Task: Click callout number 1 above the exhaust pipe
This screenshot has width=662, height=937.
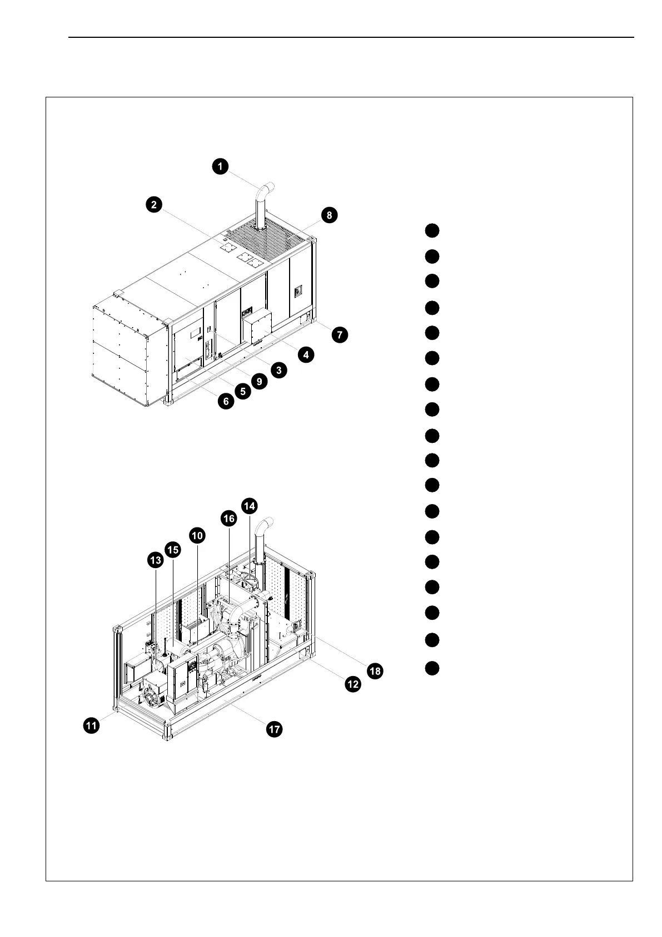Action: tap(221, 166)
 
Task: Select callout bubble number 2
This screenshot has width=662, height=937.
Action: tap(154, 205)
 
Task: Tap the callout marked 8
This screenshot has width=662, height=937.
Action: tap(329, 215)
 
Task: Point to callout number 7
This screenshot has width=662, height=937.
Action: tap(339, 335)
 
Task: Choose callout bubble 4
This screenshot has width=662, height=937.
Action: tap(305, 354)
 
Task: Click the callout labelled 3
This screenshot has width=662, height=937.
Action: tap(278, 369)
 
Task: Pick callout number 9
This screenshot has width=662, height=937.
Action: tap(258, 381)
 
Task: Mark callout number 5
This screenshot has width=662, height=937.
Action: tap(242, 391)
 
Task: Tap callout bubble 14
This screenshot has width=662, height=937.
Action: tap(250, 505)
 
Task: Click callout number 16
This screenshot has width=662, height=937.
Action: tap(228, 519)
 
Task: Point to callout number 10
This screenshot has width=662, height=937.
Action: tap(197, 535)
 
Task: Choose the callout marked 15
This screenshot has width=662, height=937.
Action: tap(173, 550)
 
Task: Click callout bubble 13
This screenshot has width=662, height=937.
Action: tap(155, 560)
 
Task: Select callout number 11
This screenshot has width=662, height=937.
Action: tap(92, 725)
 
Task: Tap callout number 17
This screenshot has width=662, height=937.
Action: tap(275, 729)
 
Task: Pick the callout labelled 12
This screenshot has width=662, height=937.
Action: tap(353, 684)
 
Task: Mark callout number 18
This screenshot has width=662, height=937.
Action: tap(375, 671)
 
